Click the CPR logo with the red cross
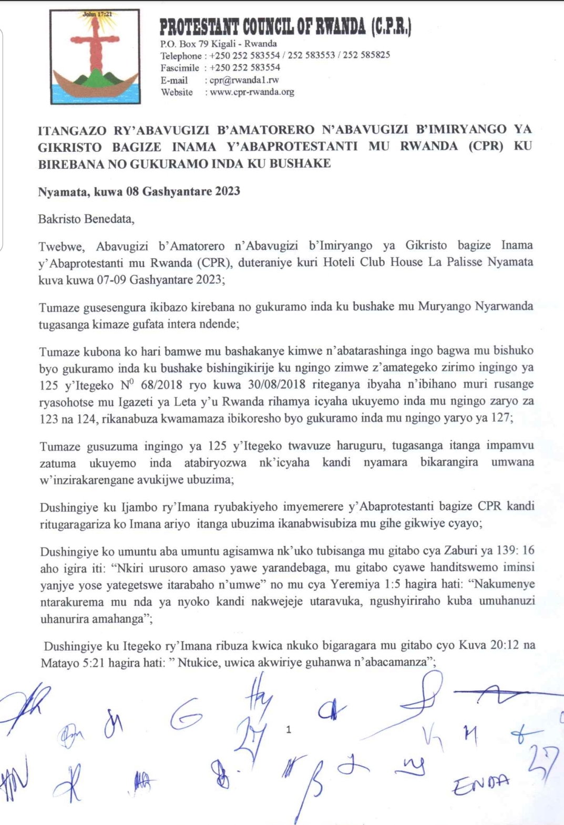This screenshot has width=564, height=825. click(95, 56)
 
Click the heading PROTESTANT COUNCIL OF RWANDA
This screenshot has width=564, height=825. click(285, 27)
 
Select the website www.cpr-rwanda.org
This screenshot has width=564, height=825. click(252, 92)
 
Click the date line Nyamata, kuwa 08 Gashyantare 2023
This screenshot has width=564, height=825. click(139, 191)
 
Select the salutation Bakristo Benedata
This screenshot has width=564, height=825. click(86, 219)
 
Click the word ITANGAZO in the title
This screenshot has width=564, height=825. click(71, 130)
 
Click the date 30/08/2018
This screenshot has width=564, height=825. click(276, 384)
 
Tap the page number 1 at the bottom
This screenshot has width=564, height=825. click(289, 729)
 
